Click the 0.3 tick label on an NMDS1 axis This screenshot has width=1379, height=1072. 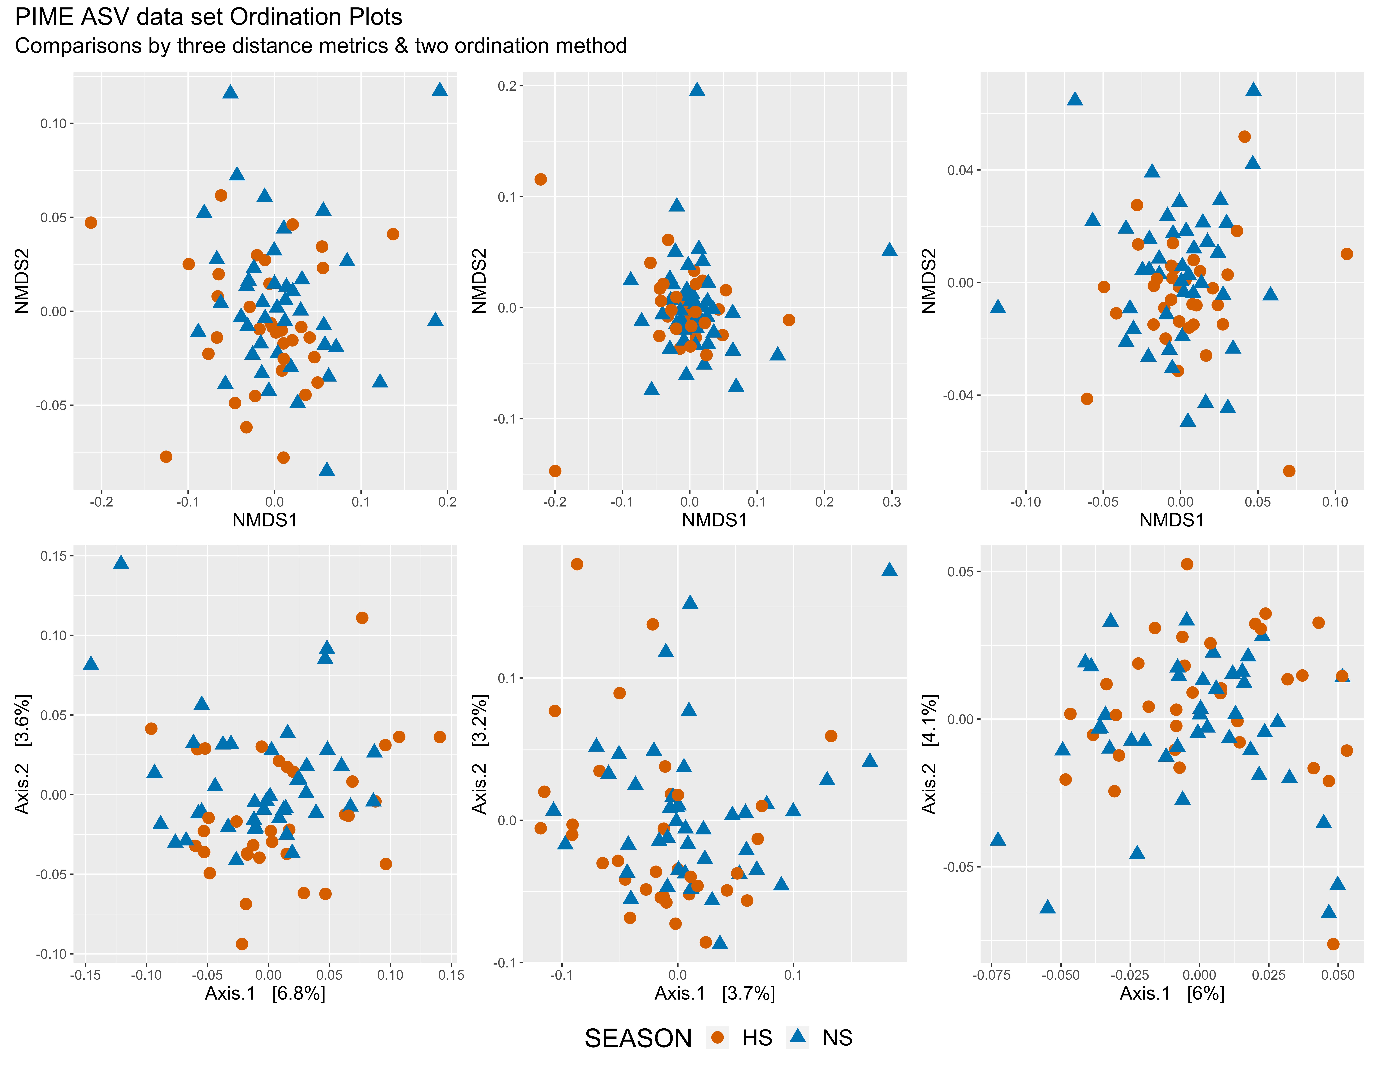click(x=891, y=502)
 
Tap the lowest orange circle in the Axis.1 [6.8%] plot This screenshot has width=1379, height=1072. click(x=242, y=944)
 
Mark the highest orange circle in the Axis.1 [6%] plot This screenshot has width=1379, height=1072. click(x=1187, y=564)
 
